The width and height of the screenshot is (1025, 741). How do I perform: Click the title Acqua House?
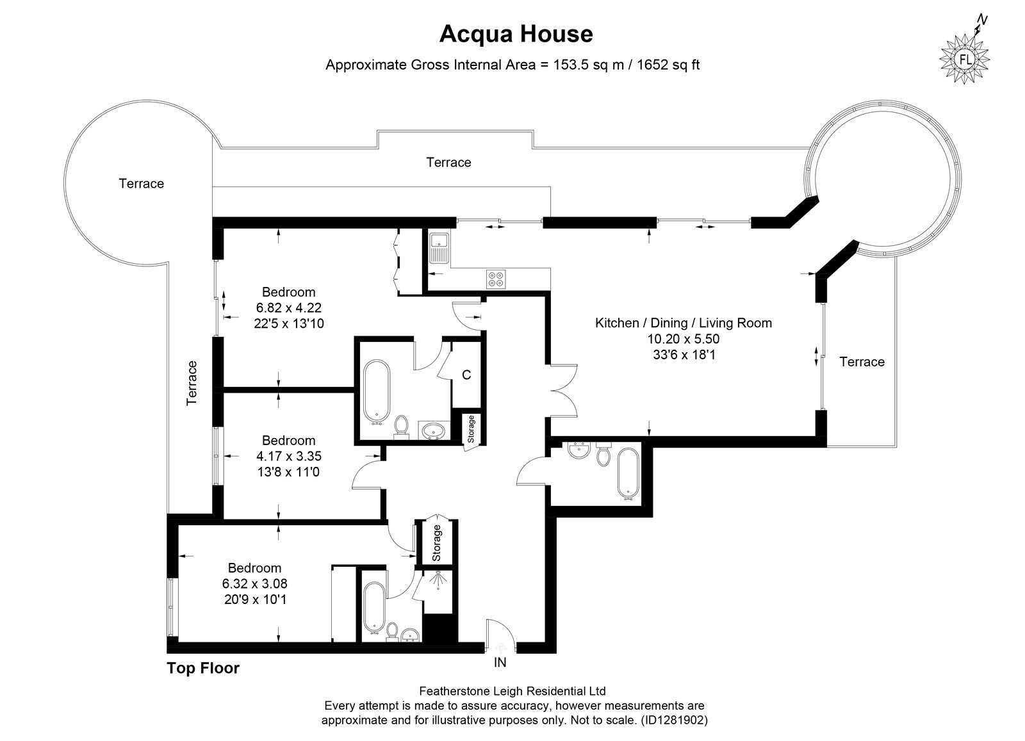coord(516,34)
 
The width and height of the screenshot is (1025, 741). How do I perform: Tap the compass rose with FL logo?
coord(965,59)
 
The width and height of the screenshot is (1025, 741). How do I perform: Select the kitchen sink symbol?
coord(439,248)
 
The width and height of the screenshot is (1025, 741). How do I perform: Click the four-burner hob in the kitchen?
coord(496,279)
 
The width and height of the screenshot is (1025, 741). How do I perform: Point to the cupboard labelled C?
coord(466,375)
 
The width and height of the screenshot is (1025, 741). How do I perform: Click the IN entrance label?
coord(500,662)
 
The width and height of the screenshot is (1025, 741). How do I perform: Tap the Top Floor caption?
coord(202,668)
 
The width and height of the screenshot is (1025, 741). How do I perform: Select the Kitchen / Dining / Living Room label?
coord(683,323)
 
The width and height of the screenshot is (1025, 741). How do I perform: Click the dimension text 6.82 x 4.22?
coord(289,308)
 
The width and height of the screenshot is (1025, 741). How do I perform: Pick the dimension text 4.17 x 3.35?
coord(289,456)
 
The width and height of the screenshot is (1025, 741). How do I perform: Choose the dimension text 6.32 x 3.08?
coord(255,583)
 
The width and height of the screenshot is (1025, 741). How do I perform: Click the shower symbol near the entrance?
coord(438,580)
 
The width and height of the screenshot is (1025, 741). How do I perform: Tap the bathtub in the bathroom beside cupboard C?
coord(377,393)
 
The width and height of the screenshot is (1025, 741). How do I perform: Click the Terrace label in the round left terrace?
coord(142,183)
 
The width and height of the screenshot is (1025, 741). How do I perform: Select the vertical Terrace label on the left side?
coord(192,383)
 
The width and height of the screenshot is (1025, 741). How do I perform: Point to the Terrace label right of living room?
coord(862,362)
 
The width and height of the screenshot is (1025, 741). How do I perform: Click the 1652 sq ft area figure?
coord(668,65)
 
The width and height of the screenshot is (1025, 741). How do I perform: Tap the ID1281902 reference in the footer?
coord(675,721)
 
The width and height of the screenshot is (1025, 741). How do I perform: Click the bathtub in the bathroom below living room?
coord(628,474)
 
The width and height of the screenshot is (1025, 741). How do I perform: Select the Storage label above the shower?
coord(436,543)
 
